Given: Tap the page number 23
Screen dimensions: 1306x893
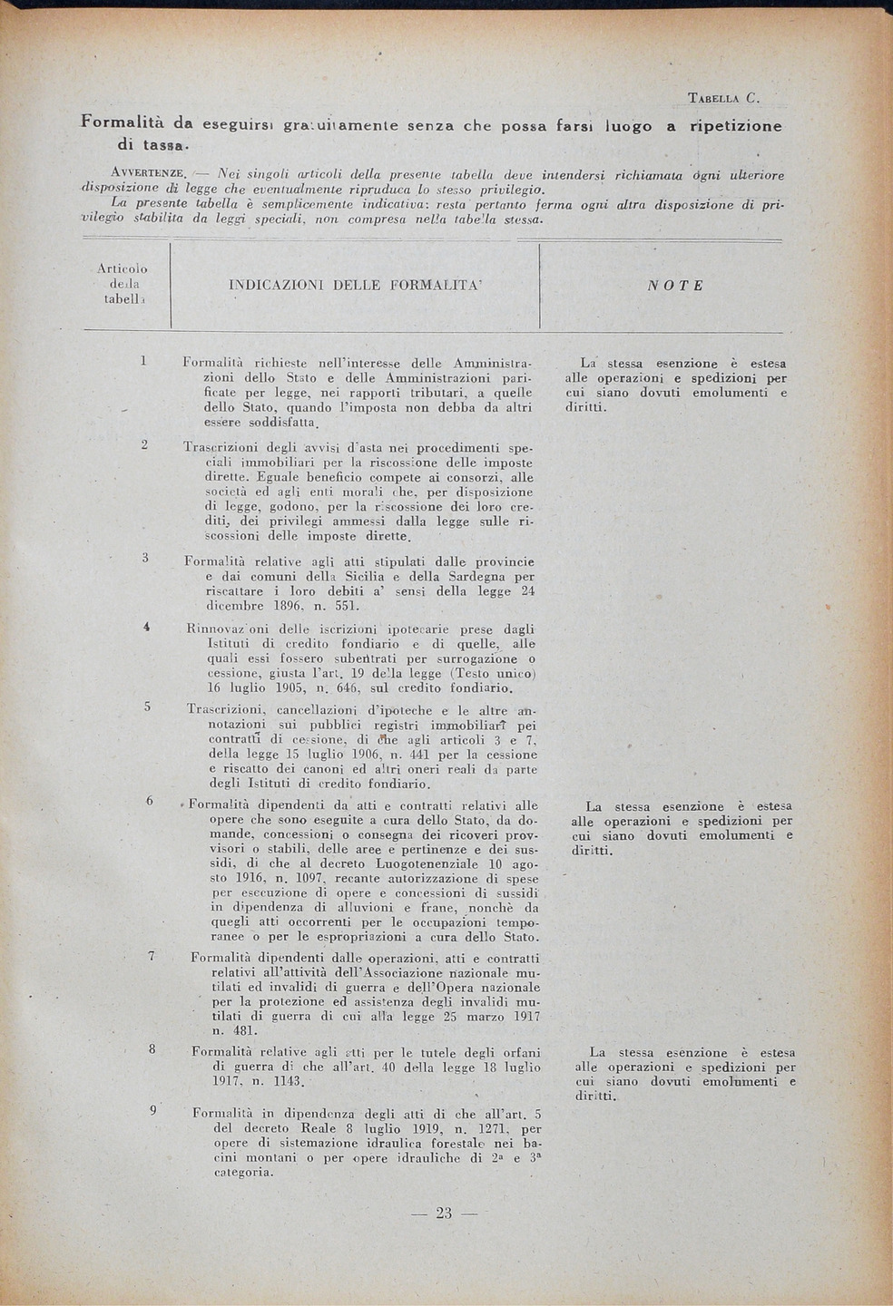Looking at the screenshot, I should point(444,1213).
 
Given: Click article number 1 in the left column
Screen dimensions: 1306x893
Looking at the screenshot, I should point(143,361).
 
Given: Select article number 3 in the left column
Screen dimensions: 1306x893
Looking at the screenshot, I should point(144,557).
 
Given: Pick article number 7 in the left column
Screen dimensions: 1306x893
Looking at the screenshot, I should point(152,955).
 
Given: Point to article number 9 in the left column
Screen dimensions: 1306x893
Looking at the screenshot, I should point(152,1110).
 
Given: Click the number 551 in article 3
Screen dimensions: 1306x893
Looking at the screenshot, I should point(322,606).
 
